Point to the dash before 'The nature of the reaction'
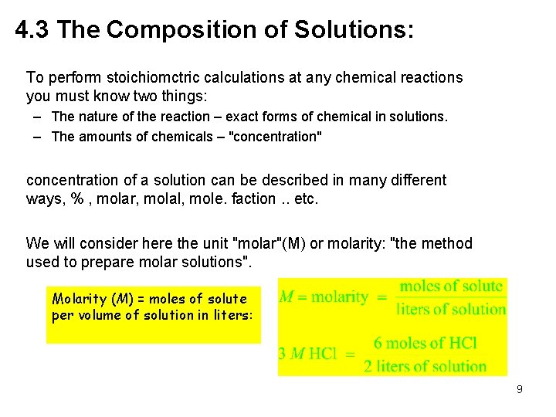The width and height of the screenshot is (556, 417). click(x=37, y=117)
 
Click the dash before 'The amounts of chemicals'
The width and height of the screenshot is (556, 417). click(x=37, y=137)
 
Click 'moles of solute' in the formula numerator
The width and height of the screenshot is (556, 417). click(x=451, y=287)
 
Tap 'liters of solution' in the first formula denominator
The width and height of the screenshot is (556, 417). click(x=451, y=309)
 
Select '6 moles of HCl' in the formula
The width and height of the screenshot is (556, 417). click(x=425, y=343)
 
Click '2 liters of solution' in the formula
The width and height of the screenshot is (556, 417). click(x=425, y=366)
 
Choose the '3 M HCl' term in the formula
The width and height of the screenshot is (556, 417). click(x=307, y=354)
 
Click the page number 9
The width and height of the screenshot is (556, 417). click(x=520, y=390)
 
